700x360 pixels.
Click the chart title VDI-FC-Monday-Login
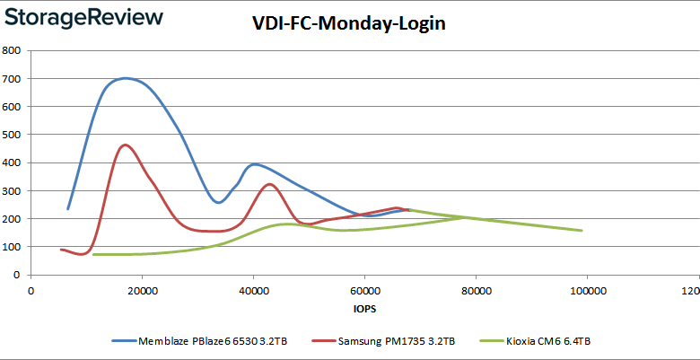349,24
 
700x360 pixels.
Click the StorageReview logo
83,17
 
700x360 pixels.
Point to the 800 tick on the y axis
13,50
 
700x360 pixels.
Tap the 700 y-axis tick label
13,78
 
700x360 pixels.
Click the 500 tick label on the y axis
13,135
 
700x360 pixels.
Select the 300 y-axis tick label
13,190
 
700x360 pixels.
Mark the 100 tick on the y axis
13,246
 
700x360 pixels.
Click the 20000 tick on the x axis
142,291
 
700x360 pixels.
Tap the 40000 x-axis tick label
253,291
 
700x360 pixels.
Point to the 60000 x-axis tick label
364,291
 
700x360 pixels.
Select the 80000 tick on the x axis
476,291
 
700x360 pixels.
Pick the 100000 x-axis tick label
587,291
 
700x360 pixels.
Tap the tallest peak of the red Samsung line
125,145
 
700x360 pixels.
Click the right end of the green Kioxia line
582,231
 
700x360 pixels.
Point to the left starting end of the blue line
68,209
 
